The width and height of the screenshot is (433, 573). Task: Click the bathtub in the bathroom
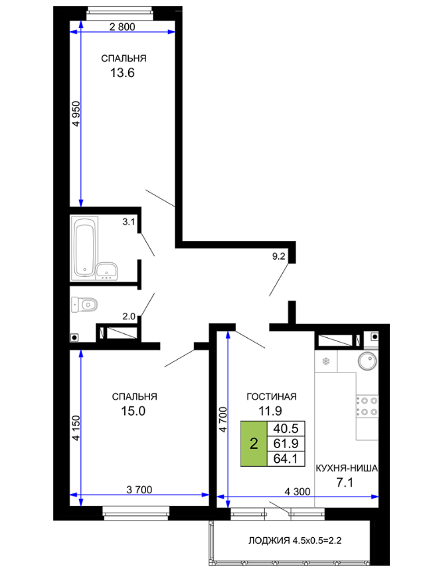pos(85,247)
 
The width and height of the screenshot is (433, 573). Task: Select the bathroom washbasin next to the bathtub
pos(107,271)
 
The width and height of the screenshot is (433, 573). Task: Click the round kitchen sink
pos(367,361)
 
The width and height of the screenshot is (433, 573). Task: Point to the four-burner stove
pos(367,406)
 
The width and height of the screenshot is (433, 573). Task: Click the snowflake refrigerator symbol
pos(325,361)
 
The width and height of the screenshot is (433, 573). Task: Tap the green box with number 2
pos(254,444)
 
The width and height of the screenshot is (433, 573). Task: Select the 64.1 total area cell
pos(286,459)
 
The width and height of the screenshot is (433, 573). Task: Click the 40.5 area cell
pos(286,428)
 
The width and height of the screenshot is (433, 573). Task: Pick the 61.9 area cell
pos(286,444)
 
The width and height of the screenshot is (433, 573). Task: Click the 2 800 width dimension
pos(122,27)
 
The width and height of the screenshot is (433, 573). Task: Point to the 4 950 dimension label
pos(76,114)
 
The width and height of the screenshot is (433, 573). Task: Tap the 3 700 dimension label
pos(139,489)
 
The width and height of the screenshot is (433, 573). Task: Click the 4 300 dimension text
pos(298,491)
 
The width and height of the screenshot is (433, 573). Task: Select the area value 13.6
pos(122,73)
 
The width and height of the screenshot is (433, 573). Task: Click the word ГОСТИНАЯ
pos(272,396)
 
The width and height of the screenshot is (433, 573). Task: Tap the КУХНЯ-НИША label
pos(347,468)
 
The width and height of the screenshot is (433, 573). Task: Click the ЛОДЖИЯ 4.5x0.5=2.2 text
pos(295,540)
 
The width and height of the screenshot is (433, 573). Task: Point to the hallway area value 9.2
pos(278,256)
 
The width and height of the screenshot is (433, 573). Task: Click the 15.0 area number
pos(133,411)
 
